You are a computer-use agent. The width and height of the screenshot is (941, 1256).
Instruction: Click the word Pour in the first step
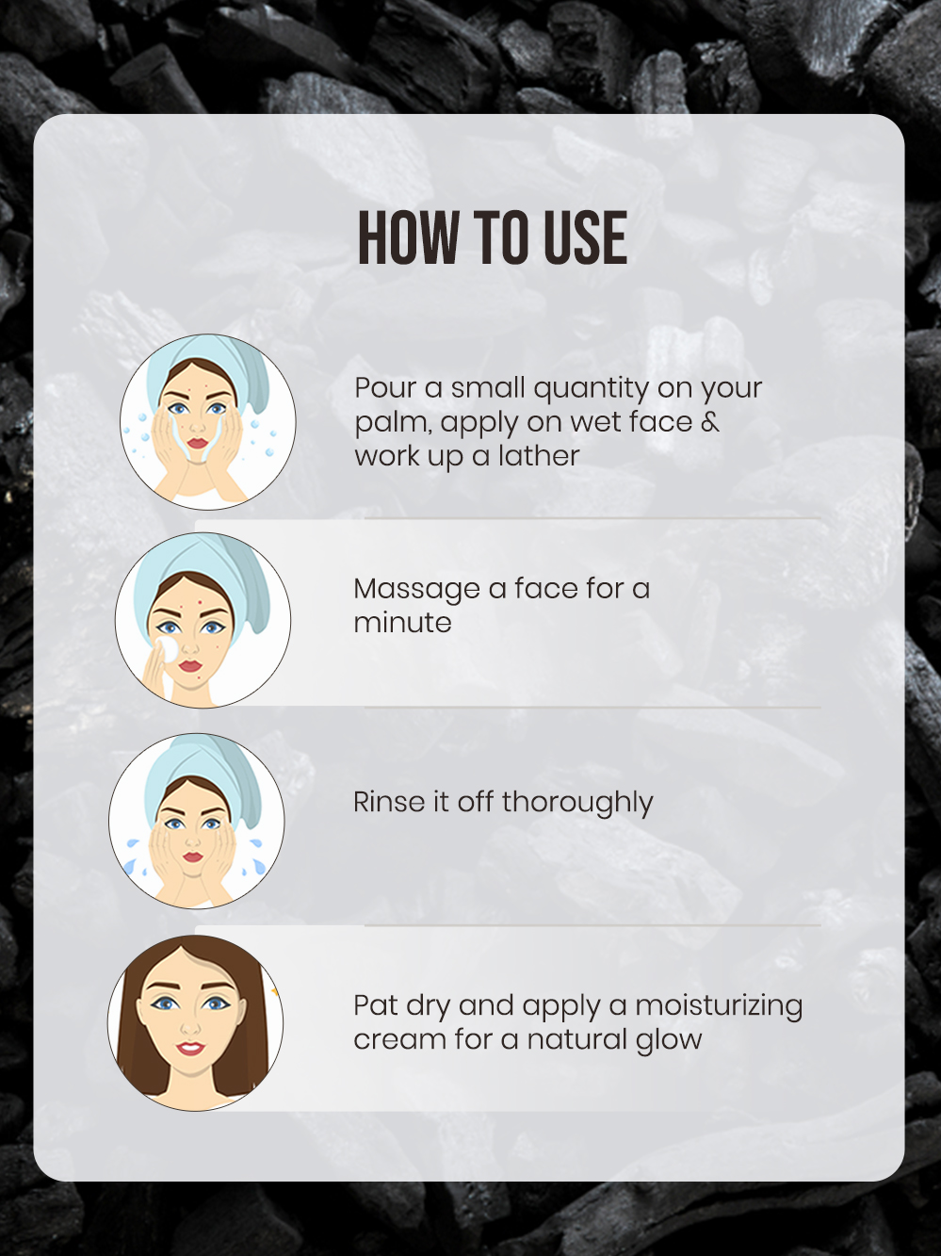pos(385,387)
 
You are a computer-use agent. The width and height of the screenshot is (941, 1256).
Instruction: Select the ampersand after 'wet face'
pos(710,422)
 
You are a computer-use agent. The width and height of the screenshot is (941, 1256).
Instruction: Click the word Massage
pos(416,590)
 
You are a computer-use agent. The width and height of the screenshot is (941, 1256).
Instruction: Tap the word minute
pos(403,623)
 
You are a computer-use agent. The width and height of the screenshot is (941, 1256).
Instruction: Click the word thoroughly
pos(577,803)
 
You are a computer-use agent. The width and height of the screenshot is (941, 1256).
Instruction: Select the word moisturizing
pos(719,1006)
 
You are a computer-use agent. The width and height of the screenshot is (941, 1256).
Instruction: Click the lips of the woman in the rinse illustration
pos(193,856)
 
